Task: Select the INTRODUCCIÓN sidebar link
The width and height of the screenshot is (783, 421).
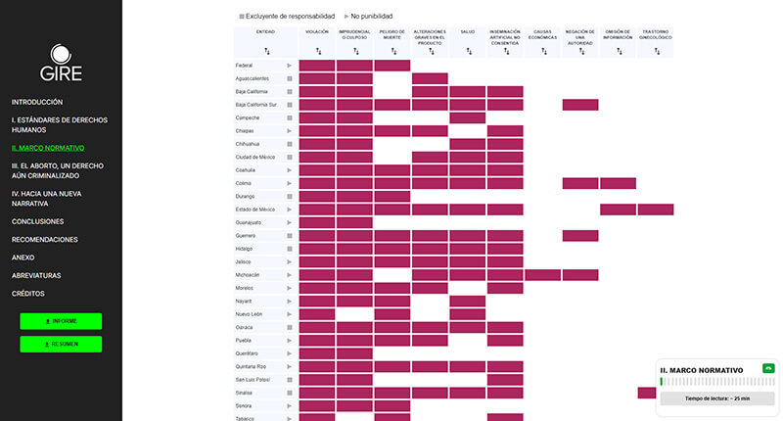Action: coord(37,102)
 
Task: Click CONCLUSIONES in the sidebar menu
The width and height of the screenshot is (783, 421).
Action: coord(38,221)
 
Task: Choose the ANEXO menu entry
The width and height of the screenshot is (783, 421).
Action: coord(23,257)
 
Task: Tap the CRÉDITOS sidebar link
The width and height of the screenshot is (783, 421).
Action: coord(27,294)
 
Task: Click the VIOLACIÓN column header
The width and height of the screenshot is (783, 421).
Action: coord(317,32)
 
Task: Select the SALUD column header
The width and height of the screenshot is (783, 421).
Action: coord(468,32)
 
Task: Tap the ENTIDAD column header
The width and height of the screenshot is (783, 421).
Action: coord(265,32)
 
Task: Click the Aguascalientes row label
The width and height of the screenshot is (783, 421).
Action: coord(255,78)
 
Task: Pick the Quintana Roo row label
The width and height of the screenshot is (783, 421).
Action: coord(252,366)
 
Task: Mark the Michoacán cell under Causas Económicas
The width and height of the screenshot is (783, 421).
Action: coord(543,275)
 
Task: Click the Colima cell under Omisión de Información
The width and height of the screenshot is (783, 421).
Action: coord(618,183)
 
